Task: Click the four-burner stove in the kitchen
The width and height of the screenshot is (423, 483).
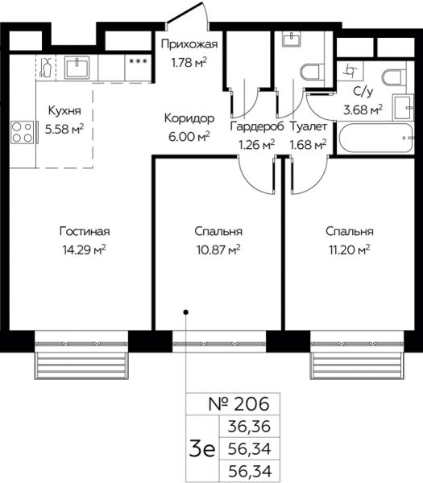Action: pyautogui.click(x=23, y=132)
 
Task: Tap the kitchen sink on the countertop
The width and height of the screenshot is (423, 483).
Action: pyautogui.click(x=77, y=67)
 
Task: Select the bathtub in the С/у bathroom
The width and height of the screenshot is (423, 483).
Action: pyautogui.click(x=375, y=138)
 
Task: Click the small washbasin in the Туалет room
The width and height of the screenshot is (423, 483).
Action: pyautogui.click(x=291, y=39)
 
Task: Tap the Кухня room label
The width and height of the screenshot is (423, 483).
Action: pyautogui.click(x=64, y=110)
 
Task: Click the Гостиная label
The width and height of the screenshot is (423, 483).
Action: pyautogui.click(x=85, y=231)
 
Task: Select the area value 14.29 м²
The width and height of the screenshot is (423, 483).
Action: pyautogui.click(x=84, y=250)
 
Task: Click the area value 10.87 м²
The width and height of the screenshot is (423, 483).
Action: pyautogui.click(x=218, y=250)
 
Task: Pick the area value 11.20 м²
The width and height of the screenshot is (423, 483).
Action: pyautogui.click(x=350, y=250)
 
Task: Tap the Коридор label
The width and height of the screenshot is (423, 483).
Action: pyautogui.click(x=189, y=118)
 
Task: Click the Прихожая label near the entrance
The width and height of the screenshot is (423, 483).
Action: pyautogui.click(x=189, y=44)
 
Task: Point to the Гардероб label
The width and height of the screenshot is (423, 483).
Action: pyautogui.click(x=257, y=126)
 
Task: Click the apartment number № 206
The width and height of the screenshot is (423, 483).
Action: pyautogui.click(x=238, y=403)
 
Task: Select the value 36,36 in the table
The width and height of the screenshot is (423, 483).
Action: pyautogui.click(x=249, y=427)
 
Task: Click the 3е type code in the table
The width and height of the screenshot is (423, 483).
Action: pyautogui.click(x=202, y=449)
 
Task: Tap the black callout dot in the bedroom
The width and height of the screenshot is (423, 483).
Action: pyautogui.click(x=185, y=312)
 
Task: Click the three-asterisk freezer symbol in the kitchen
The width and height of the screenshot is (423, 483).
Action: pyautogui.click(x=138, y=61)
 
